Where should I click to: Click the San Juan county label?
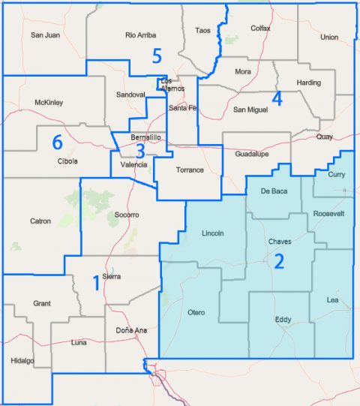[x=45, y=35]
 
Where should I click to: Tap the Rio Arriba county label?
[x=141, y=35]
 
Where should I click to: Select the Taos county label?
[x=202, y=30]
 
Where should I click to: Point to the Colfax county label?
[x=260, y=28]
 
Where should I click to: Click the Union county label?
[x=328, y=37]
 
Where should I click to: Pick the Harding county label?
[x=308, y=83]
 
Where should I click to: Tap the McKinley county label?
[x=49, y=102]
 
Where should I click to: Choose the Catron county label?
[x=40, y=221]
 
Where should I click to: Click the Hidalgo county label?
[x=23, y=361]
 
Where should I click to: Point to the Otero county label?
[x=196, y=312]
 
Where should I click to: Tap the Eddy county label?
[x=283, y=320]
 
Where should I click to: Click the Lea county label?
[x=334, y=300]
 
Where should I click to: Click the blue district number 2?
[x=279, y=261]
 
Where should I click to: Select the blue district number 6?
[x=56, y=141]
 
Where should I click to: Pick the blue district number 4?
[x=277, y=98]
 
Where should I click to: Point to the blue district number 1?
[x=95, y=282]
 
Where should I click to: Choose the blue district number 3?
[x=140, y=151]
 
